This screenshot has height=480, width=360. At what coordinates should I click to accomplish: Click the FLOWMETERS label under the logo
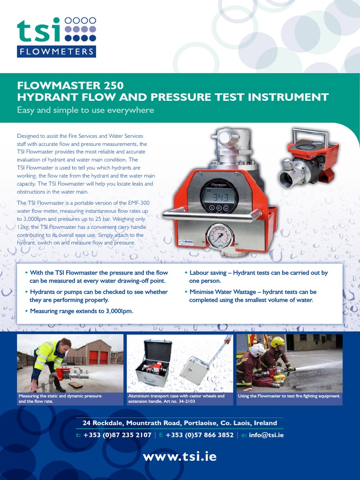[x=56, y=52]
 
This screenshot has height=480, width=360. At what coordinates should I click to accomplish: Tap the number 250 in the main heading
[x=112, y=86]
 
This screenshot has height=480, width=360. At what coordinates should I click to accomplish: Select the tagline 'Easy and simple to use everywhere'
[x=85, y=111]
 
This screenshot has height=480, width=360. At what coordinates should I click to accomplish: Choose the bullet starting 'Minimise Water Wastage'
[x=253, y=296]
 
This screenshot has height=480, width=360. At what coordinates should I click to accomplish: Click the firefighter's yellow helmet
[x=277, y=342]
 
